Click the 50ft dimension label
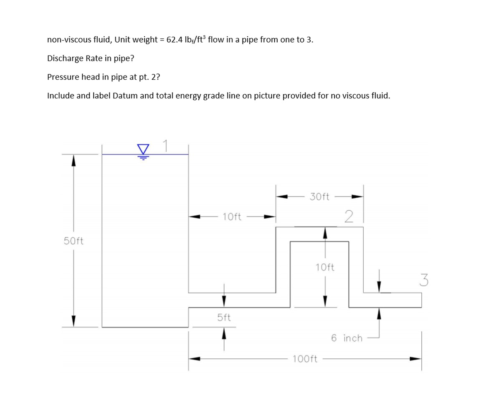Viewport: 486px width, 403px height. (73, 241)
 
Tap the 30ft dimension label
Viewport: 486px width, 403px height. (320, 196)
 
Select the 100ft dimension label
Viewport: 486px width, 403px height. (305, 359)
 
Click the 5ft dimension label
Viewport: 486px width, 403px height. (224, 317)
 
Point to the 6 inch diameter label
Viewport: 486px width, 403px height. (347, 338)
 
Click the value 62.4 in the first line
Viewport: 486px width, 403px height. (176, 40)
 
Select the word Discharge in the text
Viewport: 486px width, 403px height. (65, 58)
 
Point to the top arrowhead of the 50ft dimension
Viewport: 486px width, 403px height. (73, 160)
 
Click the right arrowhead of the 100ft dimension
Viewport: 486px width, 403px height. (415, 358)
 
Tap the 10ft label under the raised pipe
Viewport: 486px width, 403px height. (325, 267)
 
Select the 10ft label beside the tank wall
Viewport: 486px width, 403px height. (232, 217)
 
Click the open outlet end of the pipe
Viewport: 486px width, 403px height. (421, 300)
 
